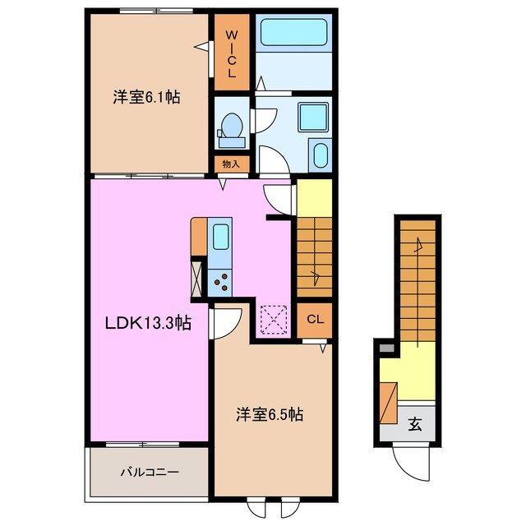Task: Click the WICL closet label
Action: pos(231,54)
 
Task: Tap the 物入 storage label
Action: pos(231,164)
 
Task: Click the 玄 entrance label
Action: pos(416,425)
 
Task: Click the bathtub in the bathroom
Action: pos(293,35)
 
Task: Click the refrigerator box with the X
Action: pos(197,276)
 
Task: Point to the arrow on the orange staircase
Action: pos(419,244)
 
